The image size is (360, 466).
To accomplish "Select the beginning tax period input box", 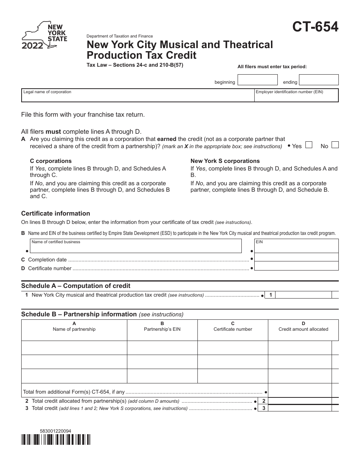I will click(x=257, y=80).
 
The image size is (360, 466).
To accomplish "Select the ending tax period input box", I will click(x=319, y=80).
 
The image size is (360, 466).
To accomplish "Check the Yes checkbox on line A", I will click(x=309, y=145).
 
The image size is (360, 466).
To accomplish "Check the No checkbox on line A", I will click(x=335, y=145).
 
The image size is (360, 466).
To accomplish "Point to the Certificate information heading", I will click(x=56, y=213).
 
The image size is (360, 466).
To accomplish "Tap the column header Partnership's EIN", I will click(x=162, y=327).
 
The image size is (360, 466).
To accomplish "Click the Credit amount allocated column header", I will click(x=303, y=327).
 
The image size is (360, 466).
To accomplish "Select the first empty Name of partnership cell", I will click(x=74, y=347).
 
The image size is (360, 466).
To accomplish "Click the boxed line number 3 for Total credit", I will click(x=263, y=408).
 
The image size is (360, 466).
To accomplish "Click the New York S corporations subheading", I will click(x=225, y=161).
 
